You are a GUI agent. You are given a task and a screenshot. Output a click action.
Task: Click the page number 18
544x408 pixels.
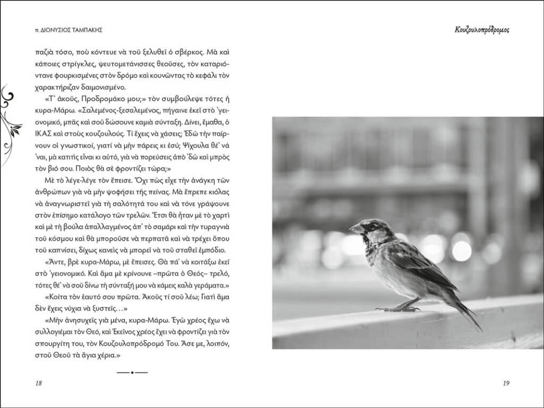point(38,384)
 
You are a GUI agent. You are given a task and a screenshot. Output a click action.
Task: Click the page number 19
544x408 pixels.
point(505,384)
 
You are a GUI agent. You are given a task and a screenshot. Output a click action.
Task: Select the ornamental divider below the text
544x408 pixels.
point(131,372)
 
